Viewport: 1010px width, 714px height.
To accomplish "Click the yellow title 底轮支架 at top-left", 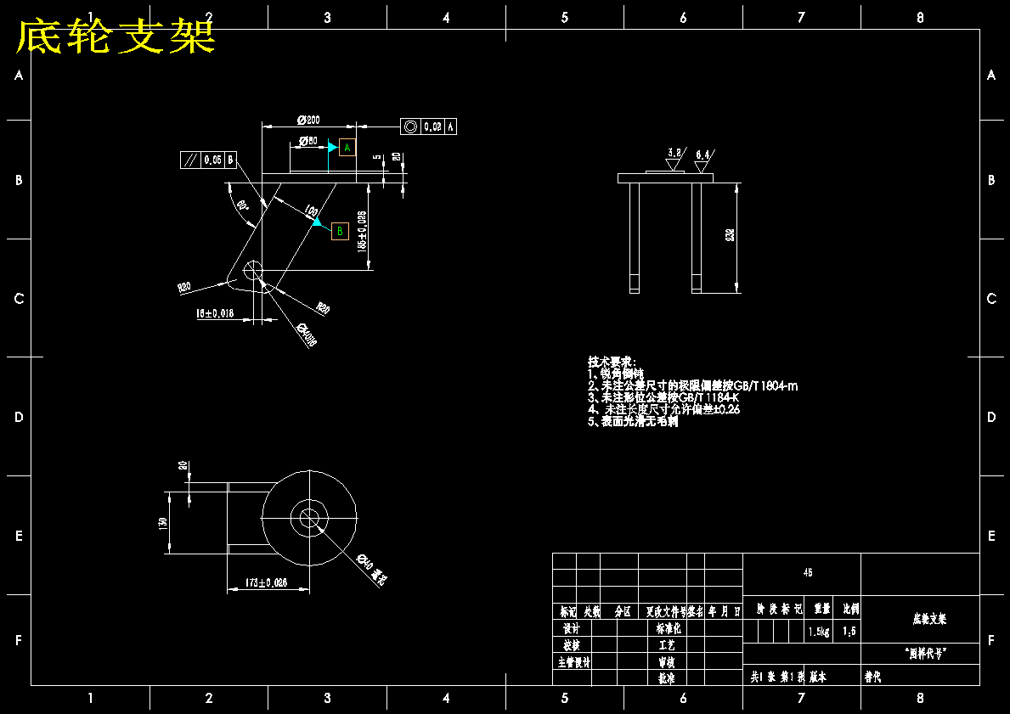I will tap(116, 37).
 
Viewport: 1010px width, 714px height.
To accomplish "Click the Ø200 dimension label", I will tap(308, 120).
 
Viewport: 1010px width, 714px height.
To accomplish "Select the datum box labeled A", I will tap(347, 148).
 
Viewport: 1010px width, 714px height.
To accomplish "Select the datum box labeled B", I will tap(340, 231).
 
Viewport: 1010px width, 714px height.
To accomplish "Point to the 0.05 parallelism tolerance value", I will tap(212, 159).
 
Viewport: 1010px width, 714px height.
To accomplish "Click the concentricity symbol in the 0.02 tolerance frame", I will tap(411, 126).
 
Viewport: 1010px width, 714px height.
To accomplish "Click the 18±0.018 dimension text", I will tap(215, 313).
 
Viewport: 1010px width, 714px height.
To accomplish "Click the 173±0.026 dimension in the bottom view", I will tap(266, 583).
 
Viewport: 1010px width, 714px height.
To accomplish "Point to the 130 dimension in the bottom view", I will tap(163, 524).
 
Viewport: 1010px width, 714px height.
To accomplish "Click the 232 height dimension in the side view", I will tap(730, 236).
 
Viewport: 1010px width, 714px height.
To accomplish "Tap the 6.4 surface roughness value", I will tap(702, 155).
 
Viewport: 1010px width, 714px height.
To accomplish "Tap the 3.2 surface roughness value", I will tap(674, 153).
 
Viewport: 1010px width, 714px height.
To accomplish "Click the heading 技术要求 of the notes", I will tap(612, 362).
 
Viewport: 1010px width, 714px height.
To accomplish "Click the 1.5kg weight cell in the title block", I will tap(819, 631).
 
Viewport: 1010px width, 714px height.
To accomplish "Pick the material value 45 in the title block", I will tap(807, 572).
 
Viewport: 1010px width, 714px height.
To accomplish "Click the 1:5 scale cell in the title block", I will tap(849, 631).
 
